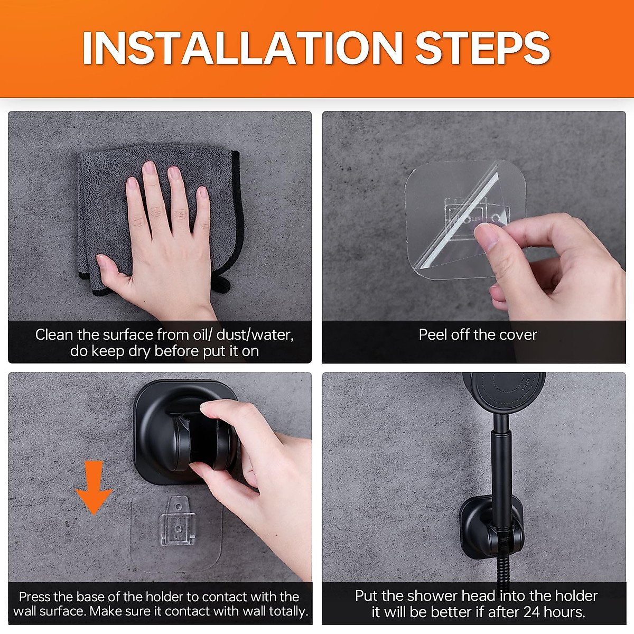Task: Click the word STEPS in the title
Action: click(482, 49)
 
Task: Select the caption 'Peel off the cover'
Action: click(478, 335)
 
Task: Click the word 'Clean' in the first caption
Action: click(54, 335)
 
